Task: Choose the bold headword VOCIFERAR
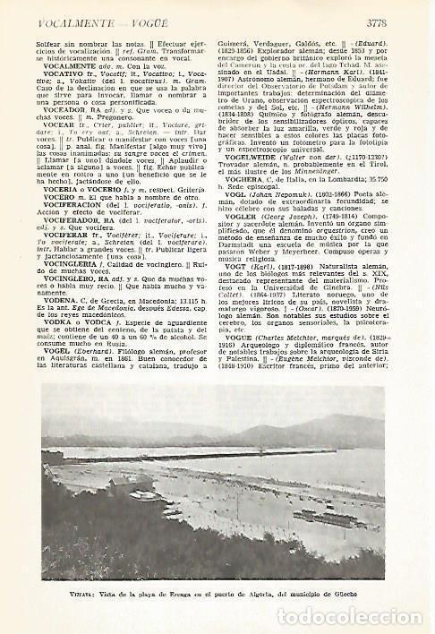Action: click(x=59, y=239)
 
